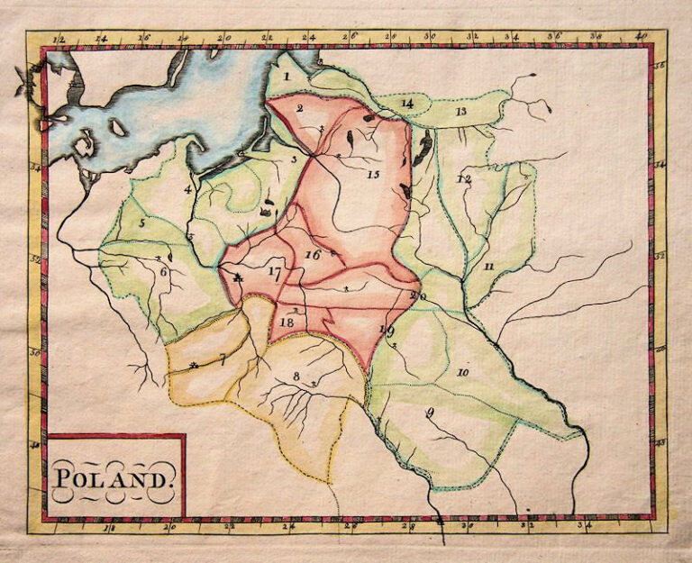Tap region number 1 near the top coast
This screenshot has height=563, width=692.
click(x=286, y=77)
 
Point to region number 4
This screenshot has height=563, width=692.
click(x=188, y=189)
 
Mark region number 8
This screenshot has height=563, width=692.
click(x=296, y=377)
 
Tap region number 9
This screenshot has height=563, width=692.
click(x=430, y=413)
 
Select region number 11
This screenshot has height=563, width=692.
click(x=487, y=267)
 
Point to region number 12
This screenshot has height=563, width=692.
click(x=463, y=180)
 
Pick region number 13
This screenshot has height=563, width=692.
click(x=460, y=111)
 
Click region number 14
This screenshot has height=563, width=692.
click(x=407, y=104)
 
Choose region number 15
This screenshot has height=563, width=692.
click(x=373, y=174)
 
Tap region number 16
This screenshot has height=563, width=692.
click(x=313, y=255)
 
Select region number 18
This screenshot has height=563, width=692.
click(x=287, y=322)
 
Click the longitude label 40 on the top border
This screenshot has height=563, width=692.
click(x=641, y=37)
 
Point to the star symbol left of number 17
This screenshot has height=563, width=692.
click(x=238, y=279)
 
